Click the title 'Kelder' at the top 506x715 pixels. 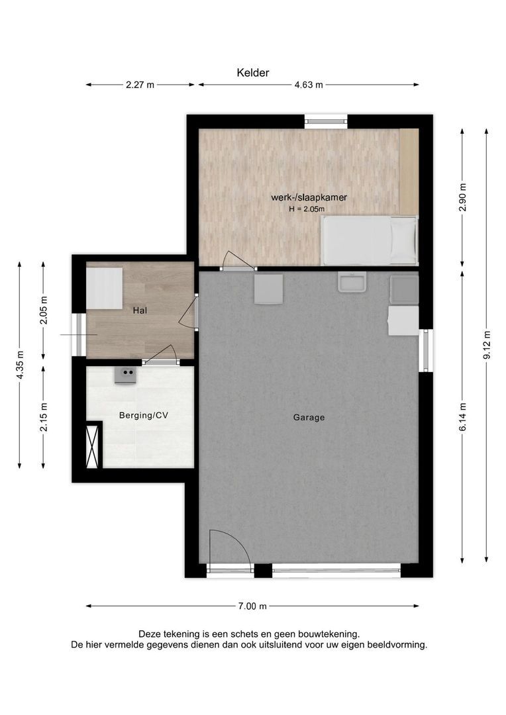253,73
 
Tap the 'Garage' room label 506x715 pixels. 309,417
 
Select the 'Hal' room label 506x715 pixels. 140,310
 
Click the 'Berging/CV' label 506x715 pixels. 143,415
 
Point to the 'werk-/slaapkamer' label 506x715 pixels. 309,197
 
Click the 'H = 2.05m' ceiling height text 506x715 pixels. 307,209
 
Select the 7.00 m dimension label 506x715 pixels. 252,606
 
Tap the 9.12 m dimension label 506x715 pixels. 487,345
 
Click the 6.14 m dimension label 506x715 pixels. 463,417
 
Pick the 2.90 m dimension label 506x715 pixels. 463,197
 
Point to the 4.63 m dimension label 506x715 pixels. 309,85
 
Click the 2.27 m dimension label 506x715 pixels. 140,85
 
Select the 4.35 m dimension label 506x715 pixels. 20,365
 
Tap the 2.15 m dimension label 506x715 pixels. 44,417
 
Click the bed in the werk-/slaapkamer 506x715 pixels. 369,240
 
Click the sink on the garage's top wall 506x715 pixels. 351,282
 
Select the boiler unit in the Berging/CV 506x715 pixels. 125,375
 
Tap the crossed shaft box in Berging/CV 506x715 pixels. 93,446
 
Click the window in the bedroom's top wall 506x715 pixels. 326,121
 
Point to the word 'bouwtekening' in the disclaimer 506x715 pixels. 329,634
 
